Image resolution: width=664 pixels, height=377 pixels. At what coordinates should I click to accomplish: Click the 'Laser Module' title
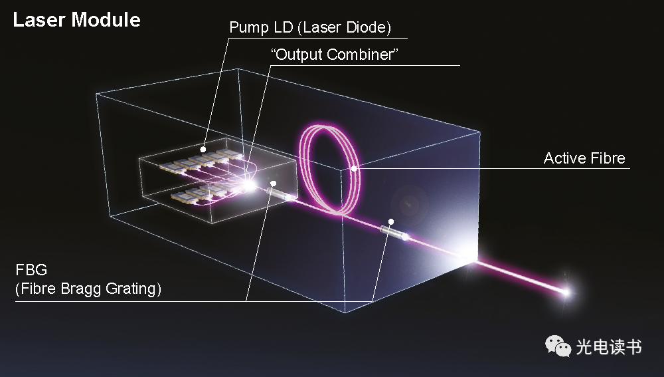point(76,19)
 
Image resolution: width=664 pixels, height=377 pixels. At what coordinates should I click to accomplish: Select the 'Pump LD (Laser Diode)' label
point(310,27)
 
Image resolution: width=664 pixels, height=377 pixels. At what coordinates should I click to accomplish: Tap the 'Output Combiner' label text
point(335,55)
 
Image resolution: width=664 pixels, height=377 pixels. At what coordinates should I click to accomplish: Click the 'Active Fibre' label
point(584,158)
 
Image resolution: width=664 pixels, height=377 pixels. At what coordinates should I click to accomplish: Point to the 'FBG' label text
point(27,271)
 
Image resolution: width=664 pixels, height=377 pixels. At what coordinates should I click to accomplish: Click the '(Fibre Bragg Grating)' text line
point(88,289)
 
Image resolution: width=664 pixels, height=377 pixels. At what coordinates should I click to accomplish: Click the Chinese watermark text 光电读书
point(609,346)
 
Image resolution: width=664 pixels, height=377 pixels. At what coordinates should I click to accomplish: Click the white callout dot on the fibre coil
point(354,169)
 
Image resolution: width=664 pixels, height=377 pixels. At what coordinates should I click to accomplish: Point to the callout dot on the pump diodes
point(205,148)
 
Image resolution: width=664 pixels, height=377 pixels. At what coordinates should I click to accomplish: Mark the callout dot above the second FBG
point(392,221)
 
